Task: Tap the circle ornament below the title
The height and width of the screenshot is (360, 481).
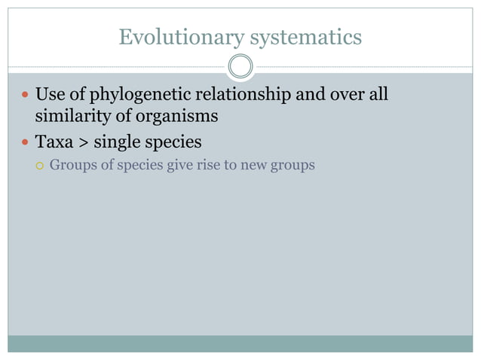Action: pyautogui.click(x=240, y=67)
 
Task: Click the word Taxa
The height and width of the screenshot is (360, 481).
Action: pyautogui.click(x=54, y=141)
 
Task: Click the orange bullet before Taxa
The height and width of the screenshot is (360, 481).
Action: pyautogui.click(x=25, y=142)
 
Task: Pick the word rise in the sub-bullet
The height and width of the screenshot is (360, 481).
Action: pyautogui.click(x=210, y=164)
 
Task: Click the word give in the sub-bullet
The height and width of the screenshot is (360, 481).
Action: pyautogui.click(x=181, y=164)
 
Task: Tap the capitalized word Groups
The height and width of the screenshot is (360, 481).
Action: pyautogui.click(x=72, y=164)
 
